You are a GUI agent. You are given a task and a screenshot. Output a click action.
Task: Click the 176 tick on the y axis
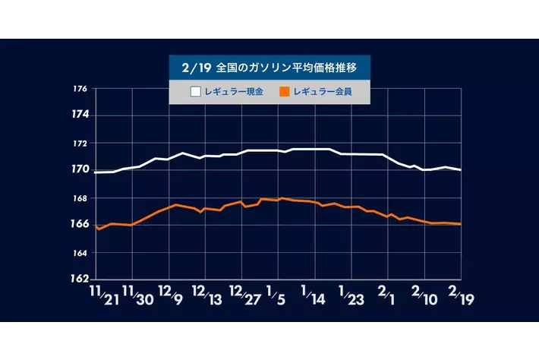80,90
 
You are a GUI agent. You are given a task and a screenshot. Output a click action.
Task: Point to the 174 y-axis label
80,115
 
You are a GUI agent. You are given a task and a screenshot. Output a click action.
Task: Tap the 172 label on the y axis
80,143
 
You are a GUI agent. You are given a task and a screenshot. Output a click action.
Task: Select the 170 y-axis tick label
80,169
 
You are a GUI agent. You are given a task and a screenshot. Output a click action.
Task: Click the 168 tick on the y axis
80,198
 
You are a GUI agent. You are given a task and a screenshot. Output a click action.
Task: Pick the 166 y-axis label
80,224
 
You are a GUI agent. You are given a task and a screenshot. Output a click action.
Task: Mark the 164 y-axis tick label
80,252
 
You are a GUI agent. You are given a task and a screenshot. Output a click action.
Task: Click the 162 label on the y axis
80,278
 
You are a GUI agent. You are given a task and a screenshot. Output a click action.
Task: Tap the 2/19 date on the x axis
460,295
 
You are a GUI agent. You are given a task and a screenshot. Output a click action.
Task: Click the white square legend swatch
195,93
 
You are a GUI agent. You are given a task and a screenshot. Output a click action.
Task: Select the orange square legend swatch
285,93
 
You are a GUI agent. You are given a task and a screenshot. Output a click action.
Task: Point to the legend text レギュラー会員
321,93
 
